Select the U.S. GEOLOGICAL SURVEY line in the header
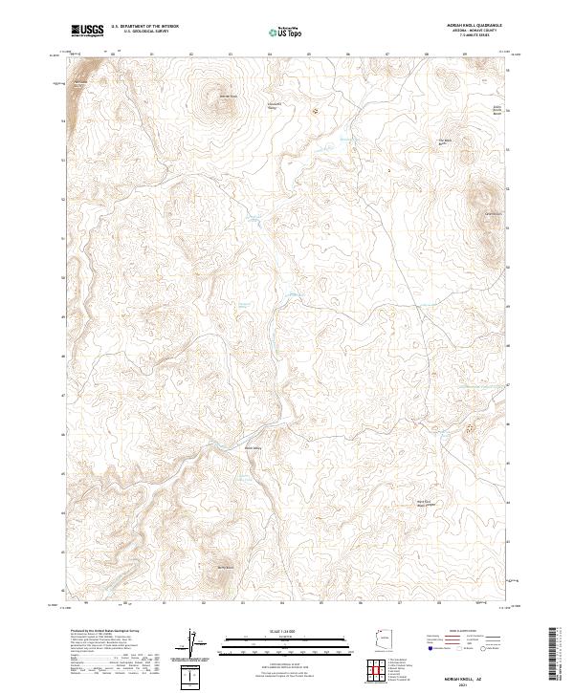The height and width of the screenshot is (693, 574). (x=138, y=32)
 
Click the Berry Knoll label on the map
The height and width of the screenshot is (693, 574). (x=226, y=568)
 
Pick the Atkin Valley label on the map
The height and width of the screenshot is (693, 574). (x=253, y=447)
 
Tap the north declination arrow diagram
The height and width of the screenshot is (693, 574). (x=191, y=645)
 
